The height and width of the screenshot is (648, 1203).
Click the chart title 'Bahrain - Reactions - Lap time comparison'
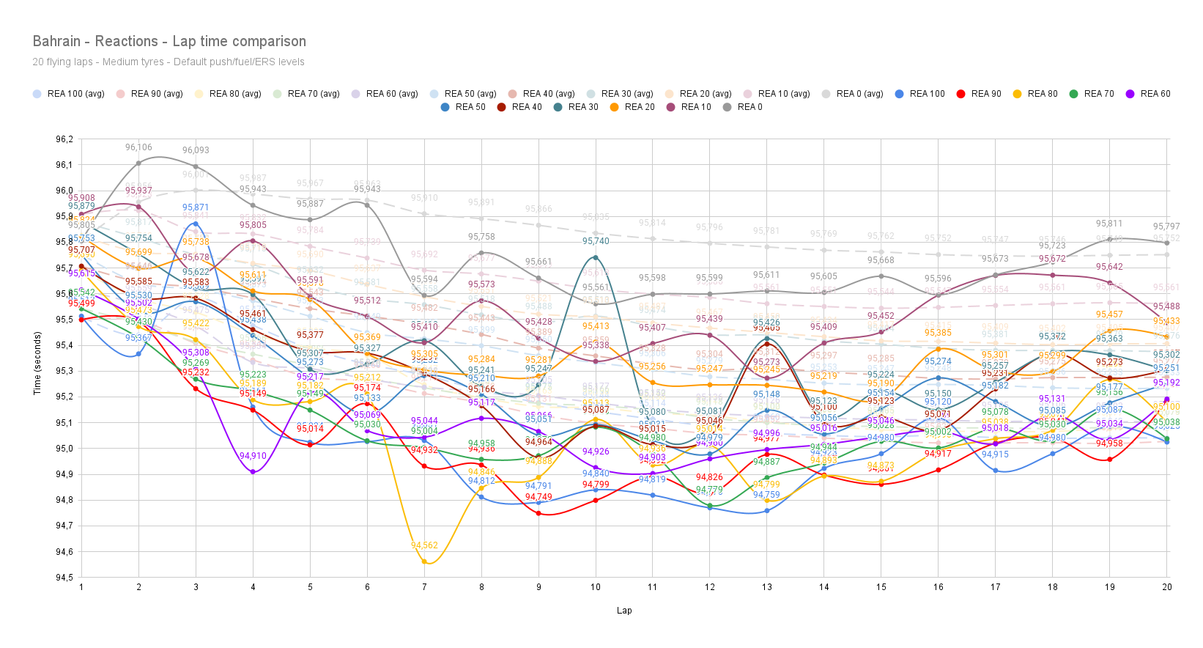tap(169, 42)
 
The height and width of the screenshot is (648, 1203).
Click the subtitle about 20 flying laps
tap(169, 62)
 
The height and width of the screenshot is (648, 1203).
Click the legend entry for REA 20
tap(639, 107)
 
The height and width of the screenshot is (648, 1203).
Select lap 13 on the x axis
tap(767, 587)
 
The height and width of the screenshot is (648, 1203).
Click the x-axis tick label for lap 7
tap(424, 587)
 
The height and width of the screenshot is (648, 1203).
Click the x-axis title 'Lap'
tap(624, 611)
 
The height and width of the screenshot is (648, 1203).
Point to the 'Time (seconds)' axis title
tap(37, 364)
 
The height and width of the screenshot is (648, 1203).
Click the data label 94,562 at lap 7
tap(424, 545)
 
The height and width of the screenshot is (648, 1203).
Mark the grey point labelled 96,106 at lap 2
tap(138, 163)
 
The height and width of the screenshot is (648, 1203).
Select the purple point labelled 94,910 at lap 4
tap(253, 472)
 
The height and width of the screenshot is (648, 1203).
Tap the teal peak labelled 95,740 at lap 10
tap(596, 257)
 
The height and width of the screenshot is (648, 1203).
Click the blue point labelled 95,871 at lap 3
tap(196, 224)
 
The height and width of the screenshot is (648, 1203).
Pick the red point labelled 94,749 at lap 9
tap(538, 513)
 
